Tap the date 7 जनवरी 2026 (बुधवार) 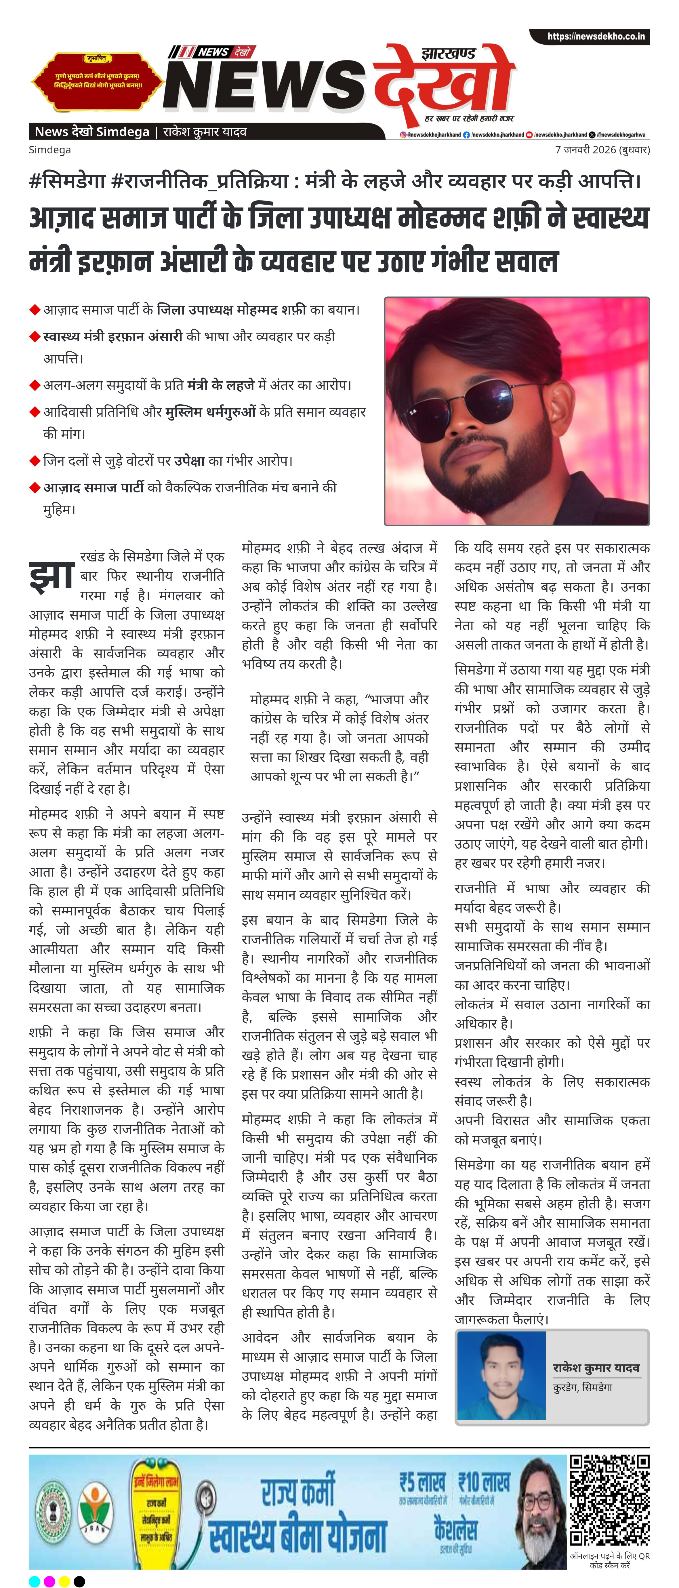pos(602,150)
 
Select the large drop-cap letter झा pos(52,574)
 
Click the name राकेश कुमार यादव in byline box pos(596,1367)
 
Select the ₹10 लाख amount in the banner pos(484,1482)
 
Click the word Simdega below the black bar pos(50,150)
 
